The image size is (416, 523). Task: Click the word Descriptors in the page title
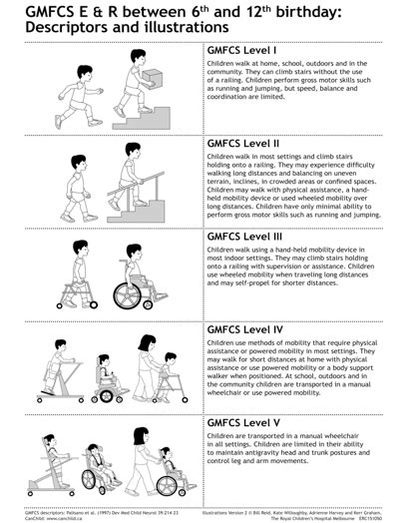click(60, 28)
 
